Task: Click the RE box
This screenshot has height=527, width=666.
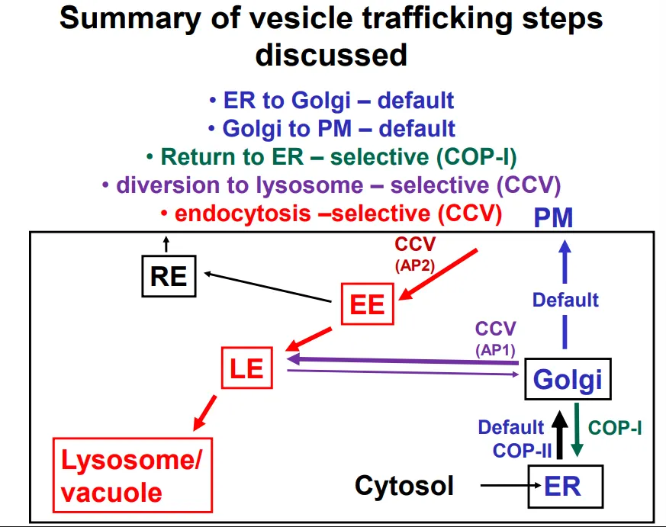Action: coord(169,276)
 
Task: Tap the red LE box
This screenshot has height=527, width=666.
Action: coord(247,368)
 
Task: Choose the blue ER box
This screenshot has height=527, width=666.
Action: coord(565,486)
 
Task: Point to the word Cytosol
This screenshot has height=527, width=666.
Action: coord(404,486)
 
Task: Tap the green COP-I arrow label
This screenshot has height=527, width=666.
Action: coord(615,428)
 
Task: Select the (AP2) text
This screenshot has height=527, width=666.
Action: coord(414,266)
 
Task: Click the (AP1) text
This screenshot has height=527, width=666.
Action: coord(495,349)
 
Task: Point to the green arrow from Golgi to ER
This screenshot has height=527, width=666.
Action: coord(578,432)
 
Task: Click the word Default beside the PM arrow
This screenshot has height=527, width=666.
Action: coord(565,300)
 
